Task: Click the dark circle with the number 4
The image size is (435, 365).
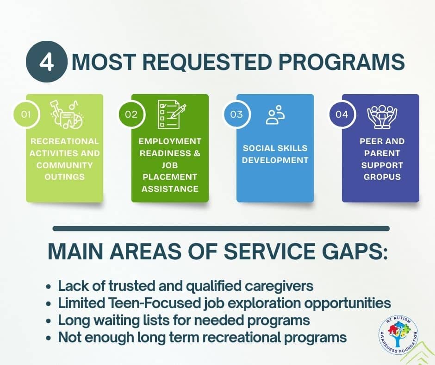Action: (x=46, y=62)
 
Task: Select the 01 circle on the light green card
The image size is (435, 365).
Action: (x=26, y=114)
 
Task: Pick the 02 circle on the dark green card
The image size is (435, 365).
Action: (x=131, y=114)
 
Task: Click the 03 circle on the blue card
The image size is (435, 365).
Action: (x=236, y=114)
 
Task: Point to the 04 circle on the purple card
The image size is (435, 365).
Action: (x=342, y=114)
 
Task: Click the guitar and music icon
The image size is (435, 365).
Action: (x=67, y=114)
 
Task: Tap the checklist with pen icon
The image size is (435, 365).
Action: (x=172, y=114)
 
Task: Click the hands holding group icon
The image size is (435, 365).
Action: (x=382, y=117)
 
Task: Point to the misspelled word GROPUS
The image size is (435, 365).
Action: (x=382, y=177)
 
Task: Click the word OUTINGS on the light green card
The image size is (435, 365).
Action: (x=65, y=177)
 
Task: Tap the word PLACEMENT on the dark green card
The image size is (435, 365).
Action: (x=170, y=177)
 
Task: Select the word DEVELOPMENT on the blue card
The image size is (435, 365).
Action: (x=275, y=160)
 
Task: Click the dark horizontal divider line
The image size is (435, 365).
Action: (x=221, y=229)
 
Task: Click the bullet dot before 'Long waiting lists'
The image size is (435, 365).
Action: (x=49, y=321)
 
